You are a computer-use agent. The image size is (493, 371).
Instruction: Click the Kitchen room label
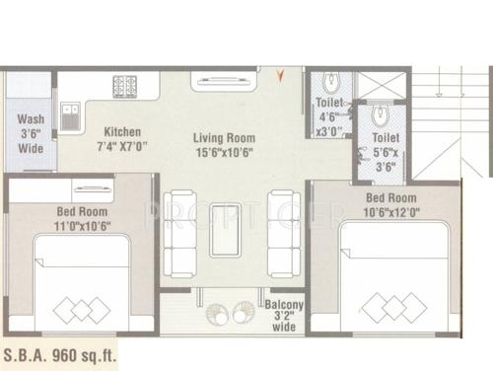coord(123,132)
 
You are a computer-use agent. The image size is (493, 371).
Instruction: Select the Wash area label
coord(30,119)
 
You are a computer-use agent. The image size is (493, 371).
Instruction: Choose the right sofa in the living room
coord(282,234)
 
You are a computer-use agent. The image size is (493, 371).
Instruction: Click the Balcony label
coord(285,305)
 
